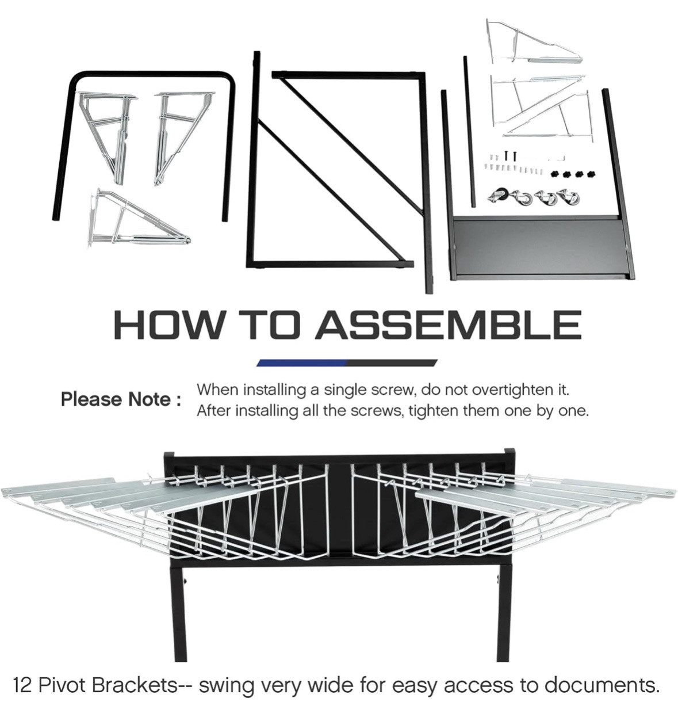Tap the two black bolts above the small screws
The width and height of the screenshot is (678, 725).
point(510,155)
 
